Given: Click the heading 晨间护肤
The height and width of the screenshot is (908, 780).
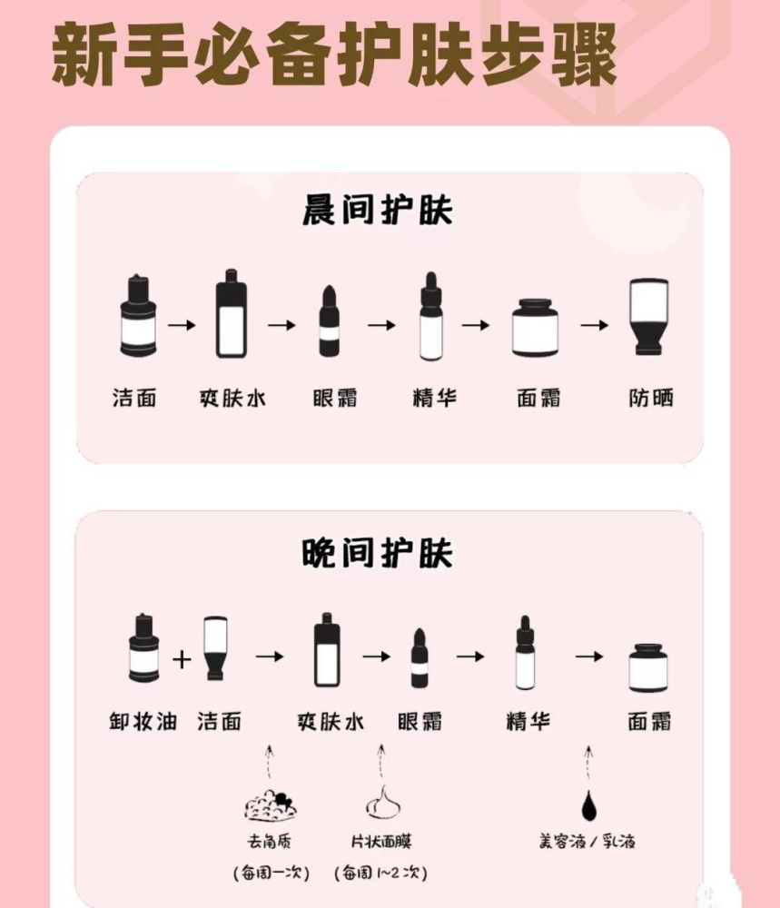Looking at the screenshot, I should [x=378, y=212].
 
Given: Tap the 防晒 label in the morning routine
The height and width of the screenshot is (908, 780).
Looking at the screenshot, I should [x=652, y=398].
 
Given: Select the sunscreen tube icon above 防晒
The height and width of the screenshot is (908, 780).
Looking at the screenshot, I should [x=650, y=316].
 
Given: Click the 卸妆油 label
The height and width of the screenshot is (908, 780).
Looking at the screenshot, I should [x=142, y=722].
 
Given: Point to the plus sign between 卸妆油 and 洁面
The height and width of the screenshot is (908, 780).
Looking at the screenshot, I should [x=182, y=658].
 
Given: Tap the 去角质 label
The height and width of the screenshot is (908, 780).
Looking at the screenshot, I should [x=269, y=842].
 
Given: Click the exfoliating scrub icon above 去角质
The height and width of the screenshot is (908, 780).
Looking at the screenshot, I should [x=270, y=803].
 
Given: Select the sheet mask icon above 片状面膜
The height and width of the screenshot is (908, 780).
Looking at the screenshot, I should [x=383, y=802].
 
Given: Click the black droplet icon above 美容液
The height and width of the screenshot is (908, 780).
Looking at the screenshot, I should [x=587, y=803].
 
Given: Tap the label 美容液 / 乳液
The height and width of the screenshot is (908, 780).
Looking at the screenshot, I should [x=587, y=842].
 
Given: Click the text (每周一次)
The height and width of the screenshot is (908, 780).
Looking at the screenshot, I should [x=271, y=873].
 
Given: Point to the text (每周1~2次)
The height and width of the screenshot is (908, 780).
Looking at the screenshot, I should [x=381, y=873].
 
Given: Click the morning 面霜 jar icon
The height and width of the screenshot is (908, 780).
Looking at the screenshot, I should [x=536, y=328].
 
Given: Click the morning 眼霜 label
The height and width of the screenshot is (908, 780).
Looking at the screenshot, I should [x=334, y=398].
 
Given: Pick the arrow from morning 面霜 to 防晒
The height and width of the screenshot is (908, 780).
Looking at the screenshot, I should [x=595, y=324].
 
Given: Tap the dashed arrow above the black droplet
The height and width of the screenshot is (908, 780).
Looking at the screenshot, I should [x=588, y=764].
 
